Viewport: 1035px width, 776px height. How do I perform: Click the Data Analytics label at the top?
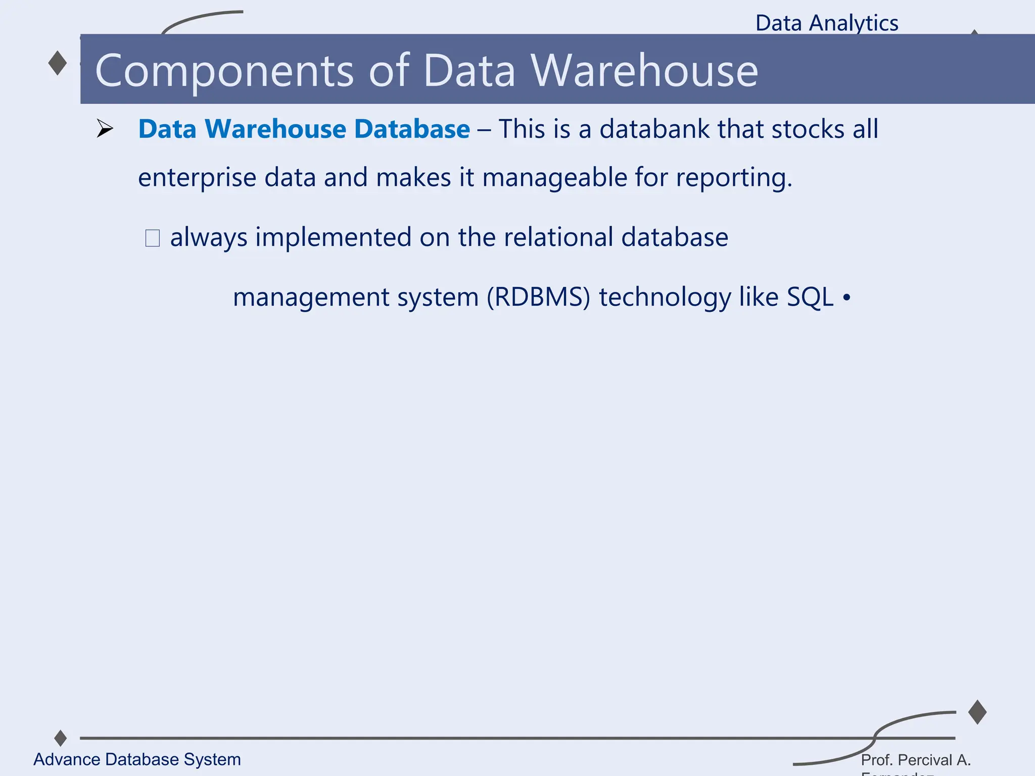coord(827,23)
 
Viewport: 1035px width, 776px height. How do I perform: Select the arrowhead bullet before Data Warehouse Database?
coord(105,129)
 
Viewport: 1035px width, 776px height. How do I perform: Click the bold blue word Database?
coord(412,129)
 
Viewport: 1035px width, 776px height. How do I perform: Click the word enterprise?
coord(197,178)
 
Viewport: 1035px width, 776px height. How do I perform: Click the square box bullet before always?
coord(153,238)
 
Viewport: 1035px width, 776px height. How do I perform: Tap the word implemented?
coord(333,237)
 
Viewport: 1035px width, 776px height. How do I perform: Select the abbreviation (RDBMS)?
coord(538,297)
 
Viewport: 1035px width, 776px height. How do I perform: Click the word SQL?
coord(810,297)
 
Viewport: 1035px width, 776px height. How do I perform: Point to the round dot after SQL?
coord(846,298)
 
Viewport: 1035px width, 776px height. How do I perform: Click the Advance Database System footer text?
coord(137,759)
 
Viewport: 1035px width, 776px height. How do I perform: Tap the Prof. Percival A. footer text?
coord(916,760)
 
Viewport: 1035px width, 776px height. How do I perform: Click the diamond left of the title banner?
coord(58,63)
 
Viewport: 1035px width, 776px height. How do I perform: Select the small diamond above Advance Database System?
coord(61,738)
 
